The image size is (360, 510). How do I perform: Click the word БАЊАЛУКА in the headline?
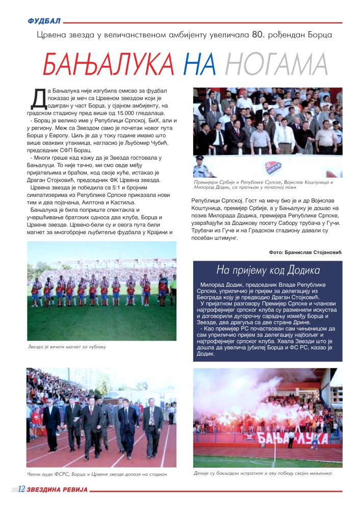(108, 64)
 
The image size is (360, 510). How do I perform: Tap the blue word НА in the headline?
(199, 64)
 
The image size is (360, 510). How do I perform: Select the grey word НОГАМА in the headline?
(276, 64)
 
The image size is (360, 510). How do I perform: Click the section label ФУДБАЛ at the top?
(45, 21)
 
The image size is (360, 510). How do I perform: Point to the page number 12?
(21, 489)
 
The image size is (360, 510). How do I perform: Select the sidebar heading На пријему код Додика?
(268, 270)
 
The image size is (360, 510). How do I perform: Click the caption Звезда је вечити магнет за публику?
(67, 347)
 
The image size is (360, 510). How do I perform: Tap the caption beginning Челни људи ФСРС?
(97, 474)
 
